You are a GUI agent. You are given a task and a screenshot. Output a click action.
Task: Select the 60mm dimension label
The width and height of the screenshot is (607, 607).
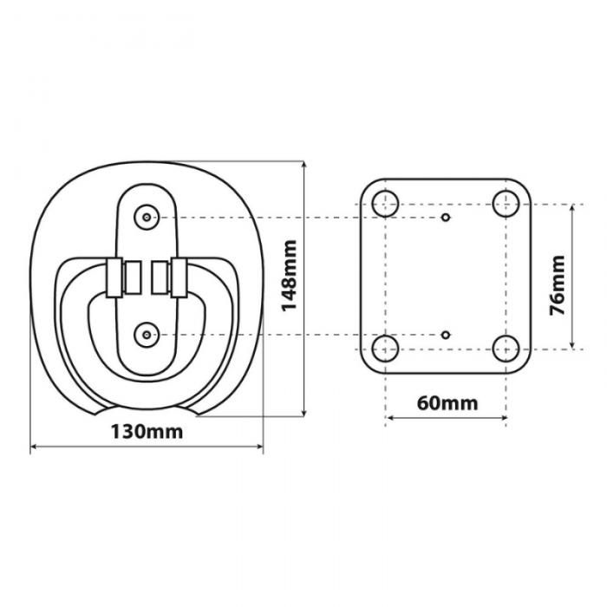click(447, 403)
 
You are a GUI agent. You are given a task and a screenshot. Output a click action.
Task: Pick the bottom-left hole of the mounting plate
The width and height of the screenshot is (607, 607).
click(385, 349)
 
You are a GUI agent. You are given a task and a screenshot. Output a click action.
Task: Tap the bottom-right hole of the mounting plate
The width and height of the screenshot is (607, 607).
click(506, 349)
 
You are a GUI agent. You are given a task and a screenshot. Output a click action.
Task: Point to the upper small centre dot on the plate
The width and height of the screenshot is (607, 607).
click(446, 217)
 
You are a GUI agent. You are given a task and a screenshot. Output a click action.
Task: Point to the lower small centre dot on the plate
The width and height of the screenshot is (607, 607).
click(446, 334)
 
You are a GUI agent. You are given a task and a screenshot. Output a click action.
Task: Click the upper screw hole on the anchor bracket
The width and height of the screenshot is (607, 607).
click(147, 217)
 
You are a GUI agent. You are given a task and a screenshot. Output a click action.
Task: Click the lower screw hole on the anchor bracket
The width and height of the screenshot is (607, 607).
click(147, 333)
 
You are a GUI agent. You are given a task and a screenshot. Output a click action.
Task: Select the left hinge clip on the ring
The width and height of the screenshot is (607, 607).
click(112, 278)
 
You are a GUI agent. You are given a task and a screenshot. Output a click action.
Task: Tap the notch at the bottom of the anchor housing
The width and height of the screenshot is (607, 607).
click(148, 408)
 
